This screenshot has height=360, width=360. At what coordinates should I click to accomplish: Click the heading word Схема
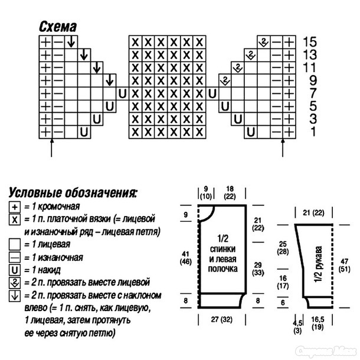(x=58, y=27)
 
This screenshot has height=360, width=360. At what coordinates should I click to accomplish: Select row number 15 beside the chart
(x=310, y=42)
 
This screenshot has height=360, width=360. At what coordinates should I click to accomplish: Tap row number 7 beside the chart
(x=313, y=93)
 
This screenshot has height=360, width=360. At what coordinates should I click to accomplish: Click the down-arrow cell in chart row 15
(x=71, y=42)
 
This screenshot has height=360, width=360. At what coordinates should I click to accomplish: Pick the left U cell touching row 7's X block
(x=122, y=93)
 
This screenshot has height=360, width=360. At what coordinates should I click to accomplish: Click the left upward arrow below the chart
(x=52, y=148)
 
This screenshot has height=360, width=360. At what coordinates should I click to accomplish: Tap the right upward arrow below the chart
(x=283, y=148)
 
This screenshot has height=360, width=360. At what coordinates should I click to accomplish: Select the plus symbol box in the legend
(x=15, y=207)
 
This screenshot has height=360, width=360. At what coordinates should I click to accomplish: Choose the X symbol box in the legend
(x=15, y=220)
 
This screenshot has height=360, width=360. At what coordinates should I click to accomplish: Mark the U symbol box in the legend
(x=15, y=270)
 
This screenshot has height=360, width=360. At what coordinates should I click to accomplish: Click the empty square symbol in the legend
(x=15, y=244)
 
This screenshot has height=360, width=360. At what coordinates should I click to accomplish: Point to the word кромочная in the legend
(x=59, y=207)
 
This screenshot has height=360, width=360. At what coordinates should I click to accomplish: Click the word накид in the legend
(x=49, y=270)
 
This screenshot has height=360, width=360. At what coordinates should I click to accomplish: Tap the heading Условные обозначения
(x=73, y=193)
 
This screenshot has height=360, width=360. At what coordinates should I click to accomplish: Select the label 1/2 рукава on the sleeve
(x=318, y=264)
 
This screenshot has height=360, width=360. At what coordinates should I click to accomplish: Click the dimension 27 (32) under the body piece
(x=221, y=319)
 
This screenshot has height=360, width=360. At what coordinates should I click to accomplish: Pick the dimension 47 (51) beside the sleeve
(x=345, y=265)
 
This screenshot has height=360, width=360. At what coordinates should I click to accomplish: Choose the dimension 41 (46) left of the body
(x=185, y=258)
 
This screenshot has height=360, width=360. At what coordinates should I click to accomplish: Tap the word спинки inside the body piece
(x=222, y=249)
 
